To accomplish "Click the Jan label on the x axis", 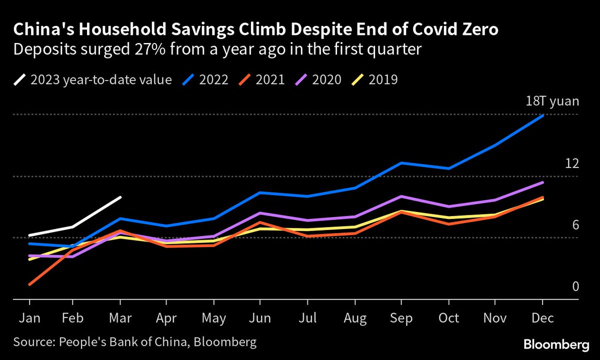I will click(29, 318).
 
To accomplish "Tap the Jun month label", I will click(259, 318).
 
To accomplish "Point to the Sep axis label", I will click(401, 318).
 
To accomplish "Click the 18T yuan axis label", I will click(552, 102).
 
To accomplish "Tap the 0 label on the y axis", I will click(575, 286).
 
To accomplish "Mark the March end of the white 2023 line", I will click(120, 197).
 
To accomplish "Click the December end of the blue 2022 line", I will click(543, 115).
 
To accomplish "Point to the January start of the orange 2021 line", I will click(30, 284).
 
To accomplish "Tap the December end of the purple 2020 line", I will click(543, 182).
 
